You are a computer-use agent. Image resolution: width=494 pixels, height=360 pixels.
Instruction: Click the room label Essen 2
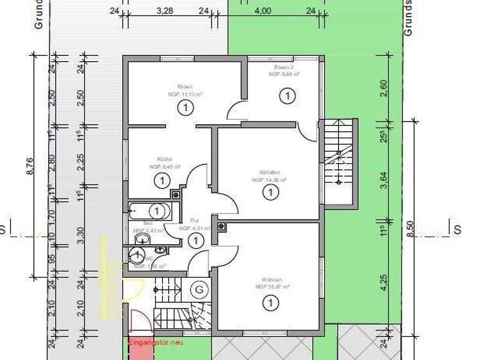click(x=283, y=67)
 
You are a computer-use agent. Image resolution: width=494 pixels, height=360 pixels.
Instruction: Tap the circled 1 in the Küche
click(x=161, y=182)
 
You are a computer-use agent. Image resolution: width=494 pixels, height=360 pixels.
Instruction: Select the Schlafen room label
click(x=268, y=172)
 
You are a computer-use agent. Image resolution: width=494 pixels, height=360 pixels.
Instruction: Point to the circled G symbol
click(x=199, y=290)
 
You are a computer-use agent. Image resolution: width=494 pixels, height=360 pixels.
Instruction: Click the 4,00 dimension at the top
click(x=262, y=11)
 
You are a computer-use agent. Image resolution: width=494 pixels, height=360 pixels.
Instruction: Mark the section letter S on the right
click(x=457, y=230)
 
